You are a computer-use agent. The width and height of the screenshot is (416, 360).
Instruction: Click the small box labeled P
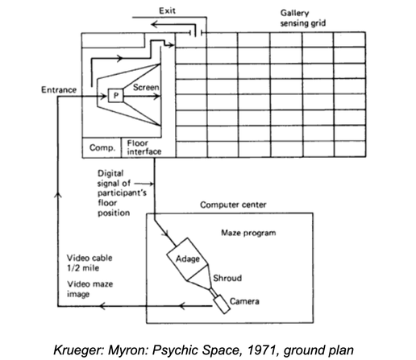tap(116, 95)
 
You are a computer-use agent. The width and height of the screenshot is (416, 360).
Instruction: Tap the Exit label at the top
tap(167, 10)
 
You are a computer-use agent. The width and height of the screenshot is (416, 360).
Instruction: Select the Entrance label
tap(59, 89)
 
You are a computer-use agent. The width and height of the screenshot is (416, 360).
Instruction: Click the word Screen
tap(146, 87)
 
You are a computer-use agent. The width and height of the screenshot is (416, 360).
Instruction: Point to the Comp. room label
tap(102, 147)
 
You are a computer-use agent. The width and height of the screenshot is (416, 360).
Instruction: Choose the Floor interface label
tap(144, 147)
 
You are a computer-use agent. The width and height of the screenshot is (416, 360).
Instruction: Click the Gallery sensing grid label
tap(303, 18)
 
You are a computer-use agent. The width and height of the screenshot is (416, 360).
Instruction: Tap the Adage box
tap(187, 259)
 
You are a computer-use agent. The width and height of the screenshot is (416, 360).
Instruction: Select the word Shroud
tap(227, 278)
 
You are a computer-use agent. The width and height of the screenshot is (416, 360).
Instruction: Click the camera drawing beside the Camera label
tap(222, 304)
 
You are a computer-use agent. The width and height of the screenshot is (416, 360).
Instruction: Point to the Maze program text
tap(248, 233)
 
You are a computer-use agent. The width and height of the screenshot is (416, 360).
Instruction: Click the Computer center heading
tap(233, 205)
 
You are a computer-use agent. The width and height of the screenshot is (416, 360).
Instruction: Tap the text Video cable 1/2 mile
tap(89, 263)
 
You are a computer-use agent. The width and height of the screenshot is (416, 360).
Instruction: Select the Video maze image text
tap(90, 289)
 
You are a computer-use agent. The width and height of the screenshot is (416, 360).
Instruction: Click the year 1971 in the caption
tap(263, 350)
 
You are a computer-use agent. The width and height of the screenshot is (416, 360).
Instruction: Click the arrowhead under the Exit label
tap(154, 25)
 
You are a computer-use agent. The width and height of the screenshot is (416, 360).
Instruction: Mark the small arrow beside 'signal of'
tap(144, 184)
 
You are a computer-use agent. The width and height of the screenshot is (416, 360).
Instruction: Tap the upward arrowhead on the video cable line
tap(58, 194)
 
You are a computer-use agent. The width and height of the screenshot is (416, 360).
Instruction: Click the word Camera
tap(244, 301)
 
